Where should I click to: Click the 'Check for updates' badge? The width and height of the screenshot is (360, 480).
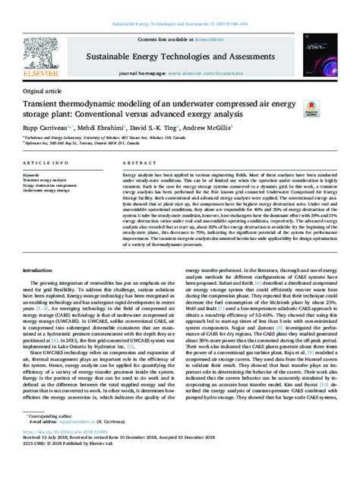(310, 110)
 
